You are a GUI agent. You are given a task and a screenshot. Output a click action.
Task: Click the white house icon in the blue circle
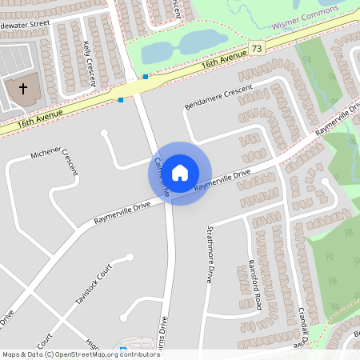(180, 172)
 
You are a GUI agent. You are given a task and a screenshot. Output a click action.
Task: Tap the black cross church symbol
(23, 88)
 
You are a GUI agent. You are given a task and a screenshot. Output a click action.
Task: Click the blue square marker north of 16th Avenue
(146, 77)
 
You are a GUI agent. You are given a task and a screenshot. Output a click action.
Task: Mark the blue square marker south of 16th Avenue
(121, 100)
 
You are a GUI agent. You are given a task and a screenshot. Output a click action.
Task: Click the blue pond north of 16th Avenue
(192, 44)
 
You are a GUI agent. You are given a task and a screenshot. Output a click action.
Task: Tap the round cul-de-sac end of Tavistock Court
(129, 258)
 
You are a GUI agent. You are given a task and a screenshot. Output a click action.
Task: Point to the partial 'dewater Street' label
(26, 24)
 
